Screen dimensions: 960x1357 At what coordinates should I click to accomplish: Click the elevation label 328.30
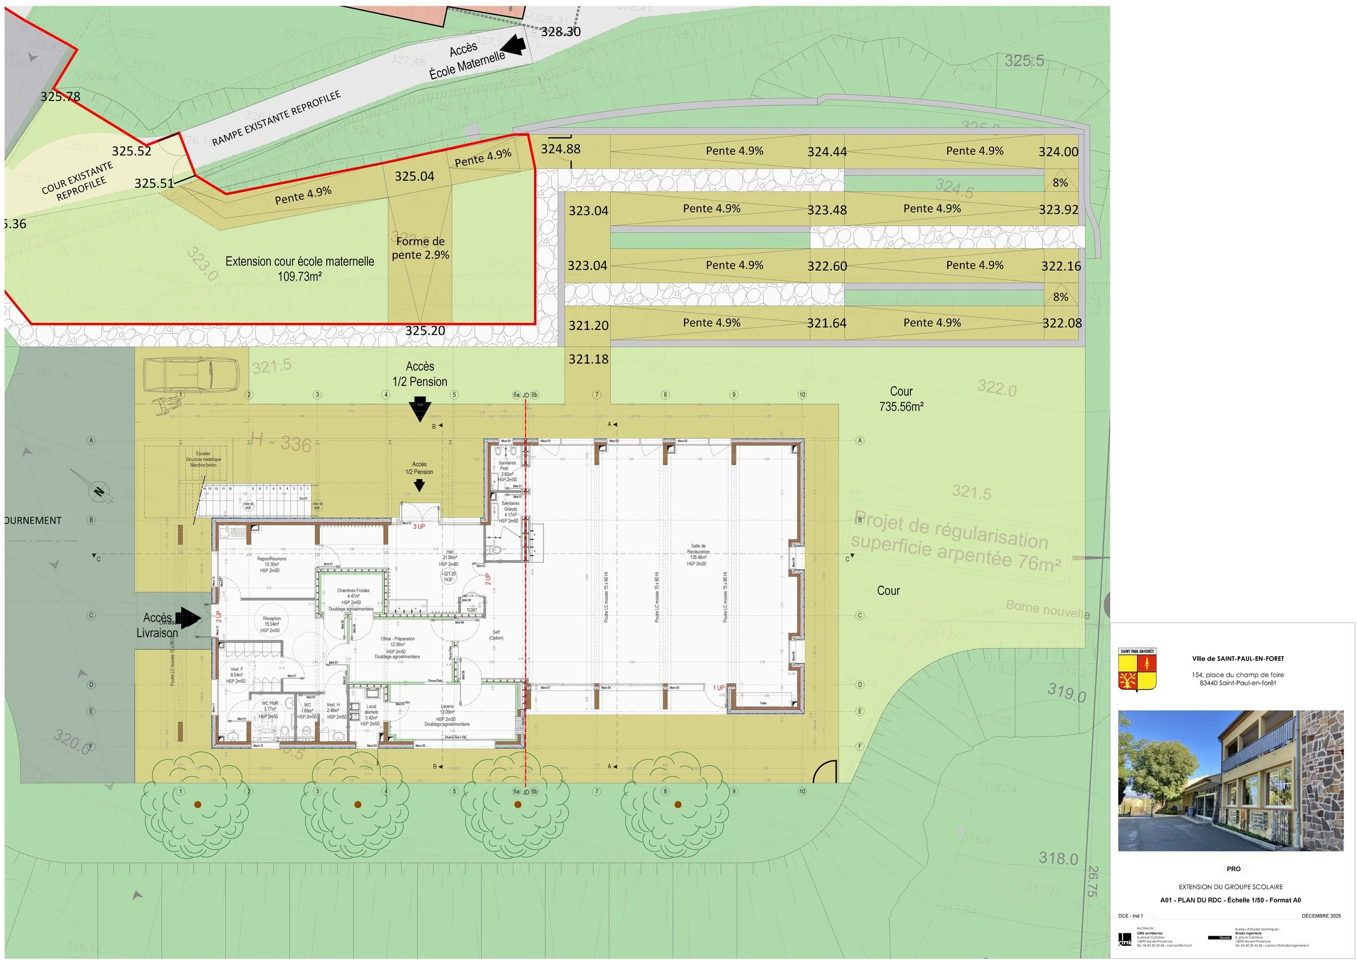561,32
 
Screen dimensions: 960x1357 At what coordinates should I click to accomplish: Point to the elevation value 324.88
561,149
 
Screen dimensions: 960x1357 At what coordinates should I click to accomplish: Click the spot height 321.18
588,359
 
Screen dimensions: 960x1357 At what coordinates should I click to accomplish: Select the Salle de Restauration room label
698,555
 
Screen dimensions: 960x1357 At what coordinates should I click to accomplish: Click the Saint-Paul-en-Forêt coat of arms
1137,670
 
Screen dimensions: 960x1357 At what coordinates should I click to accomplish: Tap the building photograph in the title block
1231,780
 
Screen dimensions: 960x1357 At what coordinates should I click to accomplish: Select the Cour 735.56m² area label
901,399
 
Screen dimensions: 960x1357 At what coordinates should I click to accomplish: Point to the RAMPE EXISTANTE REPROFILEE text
276,118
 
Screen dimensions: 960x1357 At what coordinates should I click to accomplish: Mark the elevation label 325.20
425,331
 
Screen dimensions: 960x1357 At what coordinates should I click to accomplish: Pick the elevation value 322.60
827,266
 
